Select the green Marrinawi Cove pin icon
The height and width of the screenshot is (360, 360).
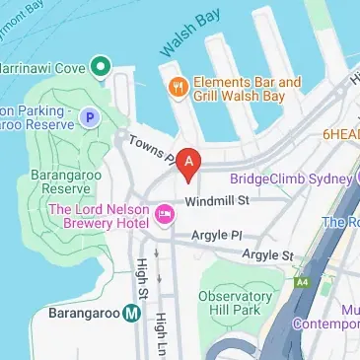click(99, 67)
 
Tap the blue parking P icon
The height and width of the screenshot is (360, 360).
click(90, 118)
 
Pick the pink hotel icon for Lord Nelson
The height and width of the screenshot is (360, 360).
click(165, 213)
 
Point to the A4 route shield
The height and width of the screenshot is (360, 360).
click(301, 284)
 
